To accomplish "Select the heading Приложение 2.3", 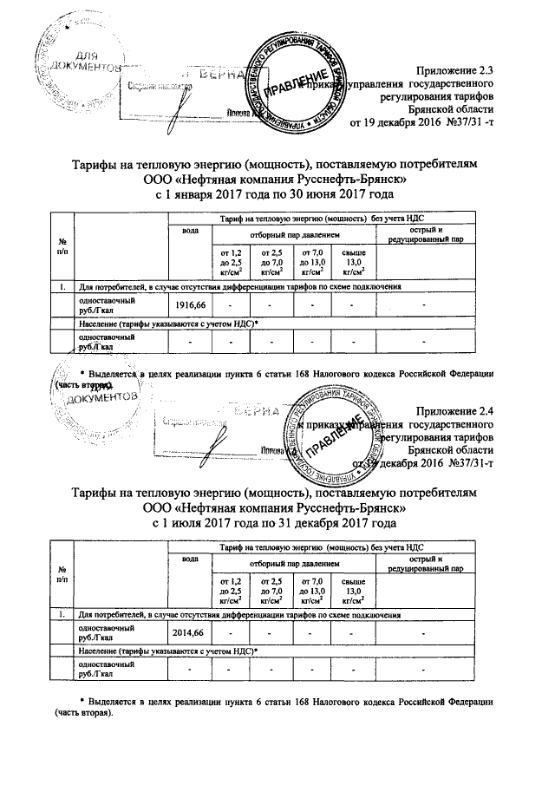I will point(455,69).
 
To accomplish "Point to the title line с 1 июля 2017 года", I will point(275,525).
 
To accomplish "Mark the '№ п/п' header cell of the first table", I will point(61,245).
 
